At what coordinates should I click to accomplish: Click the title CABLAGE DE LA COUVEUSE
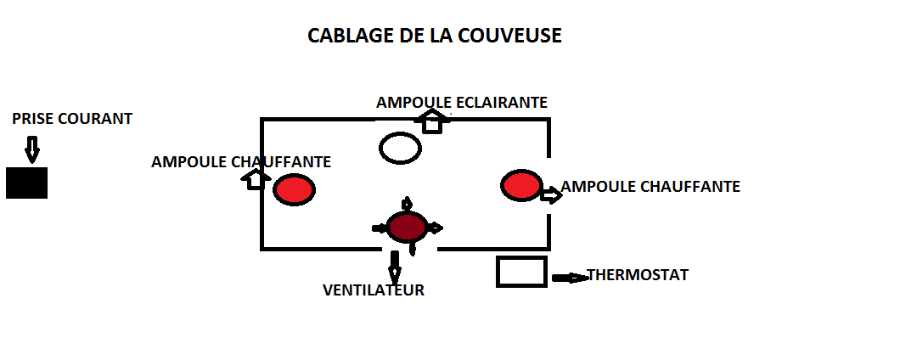pyautogui.click(x=434, y=37)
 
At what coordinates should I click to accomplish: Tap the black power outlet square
pyautogui.click(x=26, y=183)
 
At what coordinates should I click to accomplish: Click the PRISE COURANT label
pyautogui.click(x=72, y=119)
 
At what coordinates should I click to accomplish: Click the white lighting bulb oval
pyautogui.click(x=400, y=148)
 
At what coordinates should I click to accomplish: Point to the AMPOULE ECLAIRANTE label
pyautogui.click(x=462, y=103)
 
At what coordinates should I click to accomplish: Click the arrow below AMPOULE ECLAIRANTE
pyautogui.click(x=432, y=121)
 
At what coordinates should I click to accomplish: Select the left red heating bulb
pyautogui.click(x=294, y=188)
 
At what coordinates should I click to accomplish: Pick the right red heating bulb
pyautogui.click(x=520, y=185)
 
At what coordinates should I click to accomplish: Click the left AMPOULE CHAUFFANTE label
pyautogui.click(x=240, y=161)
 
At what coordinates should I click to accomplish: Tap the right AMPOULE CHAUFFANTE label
pyautogui.click(x=650, y=187)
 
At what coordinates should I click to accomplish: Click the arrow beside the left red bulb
pyautogui.click(x=256, y=178)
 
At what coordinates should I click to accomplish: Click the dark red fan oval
pyautogui.click(x=406, y=228)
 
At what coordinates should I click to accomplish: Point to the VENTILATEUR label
pyautogui.click(x=374, y=290)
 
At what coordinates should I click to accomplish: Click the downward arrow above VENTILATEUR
pyautogui.click(x=394, y=267)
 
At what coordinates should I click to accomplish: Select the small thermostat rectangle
pyautogui.click(x=521, y=272)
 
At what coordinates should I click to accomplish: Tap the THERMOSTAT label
pyautogui.click(x=638, y=275)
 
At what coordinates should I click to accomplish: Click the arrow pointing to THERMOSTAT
pyautogui.click(x=569, y=278)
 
